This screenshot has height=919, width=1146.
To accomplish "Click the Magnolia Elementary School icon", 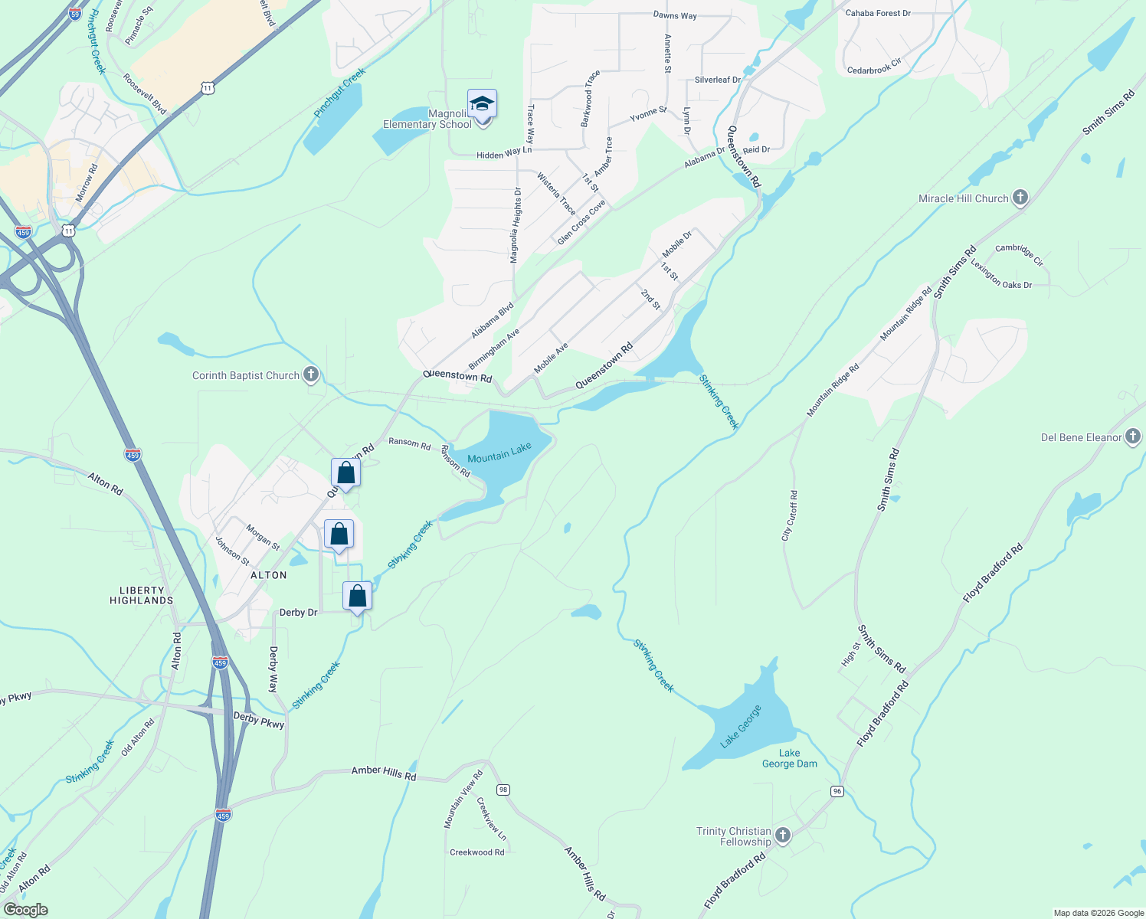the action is [483, 103].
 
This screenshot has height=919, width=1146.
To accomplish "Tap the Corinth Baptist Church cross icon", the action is [311, 375].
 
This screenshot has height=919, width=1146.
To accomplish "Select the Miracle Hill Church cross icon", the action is [1020, 198].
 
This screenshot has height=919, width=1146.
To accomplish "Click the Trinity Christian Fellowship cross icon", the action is [782, 836].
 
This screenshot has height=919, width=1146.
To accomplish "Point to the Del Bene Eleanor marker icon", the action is [1134, 437].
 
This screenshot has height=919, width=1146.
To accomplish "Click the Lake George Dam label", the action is [790, 758].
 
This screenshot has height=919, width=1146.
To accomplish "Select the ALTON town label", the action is [268, 575].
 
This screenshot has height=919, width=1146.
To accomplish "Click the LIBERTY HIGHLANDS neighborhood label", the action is [142, 595].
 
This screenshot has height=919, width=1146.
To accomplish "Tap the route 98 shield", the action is [503, 790].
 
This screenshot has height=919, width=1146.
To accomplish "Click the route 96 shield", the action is [837, 791].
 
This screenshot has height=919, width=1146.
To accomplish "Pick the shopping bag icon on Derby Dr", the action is [357, 596].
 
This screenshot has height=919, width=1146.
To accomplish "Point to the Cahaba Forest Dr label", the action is [878, 13].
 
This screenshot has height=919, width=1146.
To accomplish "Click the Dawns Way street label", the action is [675, 15].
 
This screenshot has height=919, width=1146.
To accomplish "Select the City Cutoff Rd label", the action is [790, 516].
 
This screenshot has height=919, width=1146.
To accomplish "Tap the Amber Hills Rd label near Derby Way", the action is [384, 773].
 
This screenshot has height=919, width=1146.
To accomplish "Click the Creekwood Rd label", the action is [477, 852].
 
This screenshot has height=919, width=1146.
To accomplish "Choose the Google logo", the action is [25, 910].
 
